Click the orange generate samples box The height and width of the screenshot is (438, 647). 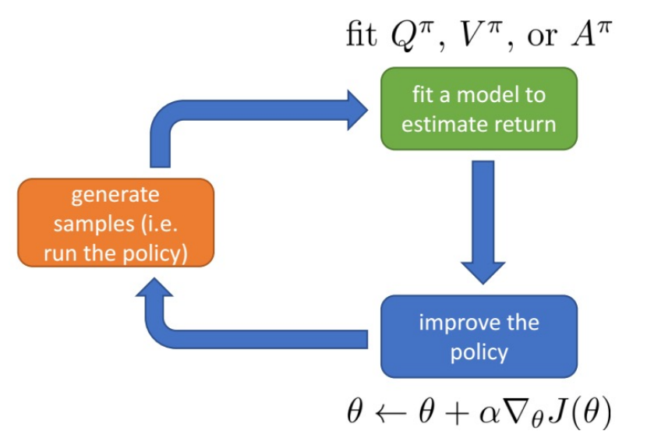click(x=115, y=223)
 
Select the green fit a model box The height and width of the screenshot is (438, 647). click(x=479, y=108)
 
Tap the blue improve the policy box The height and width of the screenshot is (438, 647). click(x=479, y=336)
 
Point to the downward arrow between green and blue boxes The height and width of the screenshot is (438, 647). click(x=483, y=226)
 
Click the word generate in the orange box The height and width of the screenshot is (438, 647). click(x=115, y=196)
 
